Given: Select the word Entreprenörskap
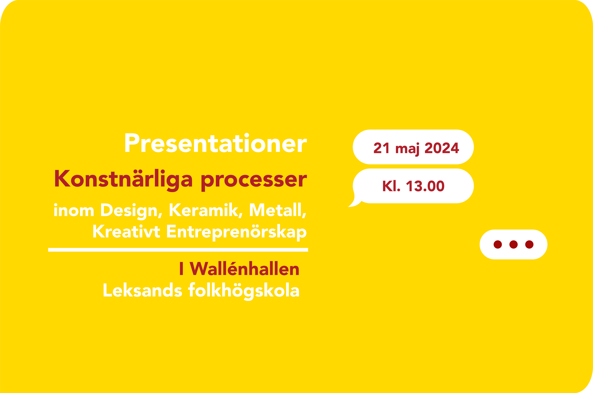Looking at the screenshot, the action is pos(236,232).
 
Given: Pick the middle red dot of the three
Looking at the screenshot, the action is pos(513,244).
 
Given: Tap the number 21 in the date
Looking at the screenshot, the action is pos(381,148).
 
